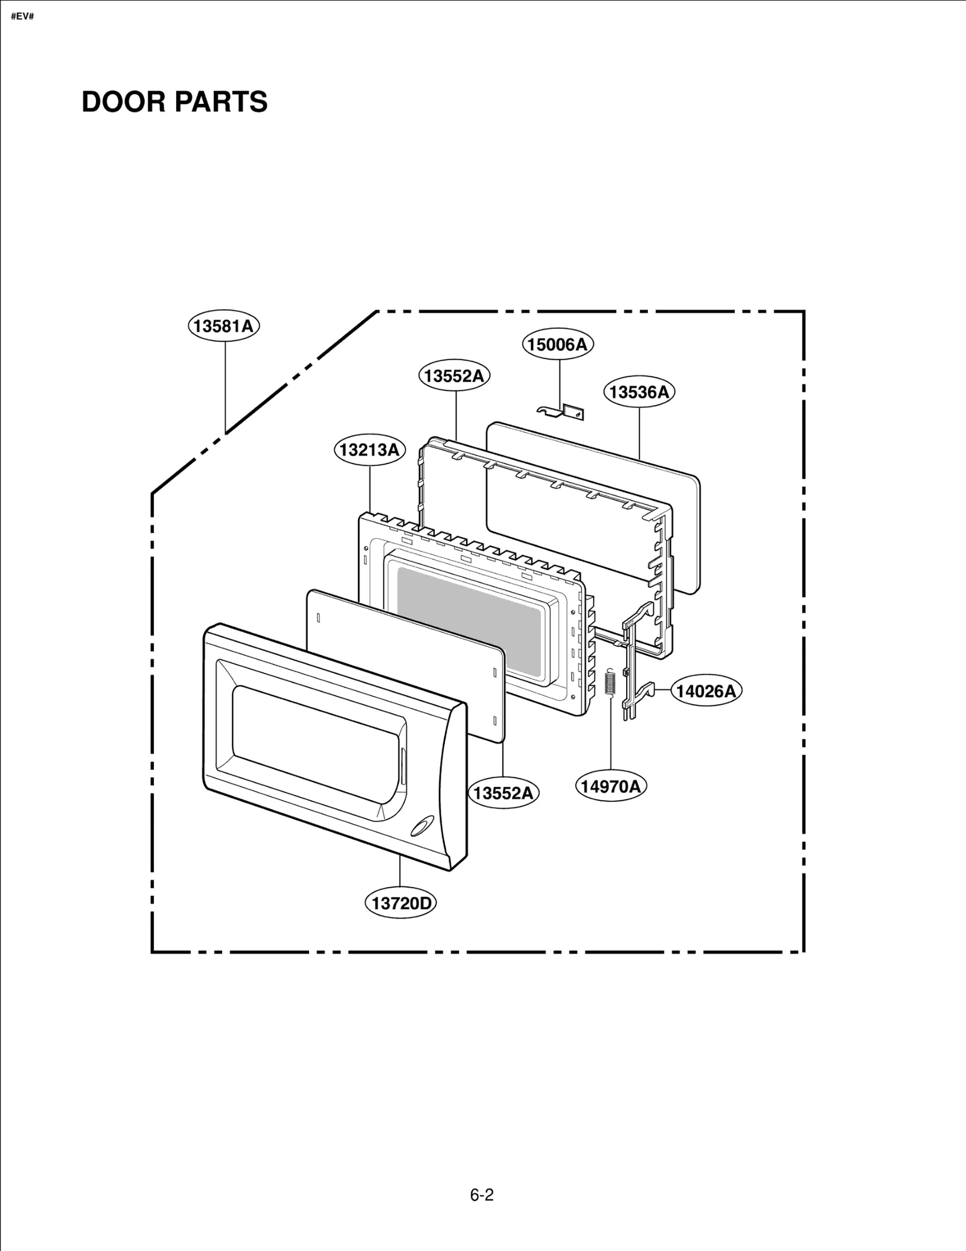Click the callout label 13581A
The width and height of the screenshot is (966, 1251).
pyautogui.click(x=223, y=326)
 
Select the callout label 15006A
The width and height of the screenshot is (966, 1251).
pyautogui.click(x=557, y=344)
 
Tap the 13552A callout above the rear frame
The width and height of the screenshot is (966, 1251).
pyautogui.click(x=454, y=375)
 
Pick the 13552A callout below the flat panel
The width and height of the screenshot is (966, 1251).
pyautogui.click(x=504, y=792)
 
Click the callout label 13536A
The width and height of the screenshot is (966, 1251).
pyautogui.click(x=639, y=392)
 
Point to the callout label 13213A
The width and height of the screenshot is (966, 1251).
pyautogui.click(x=369, y=450)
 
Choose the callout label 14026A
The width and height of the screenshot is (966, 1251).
pyautogui.click(x=706, y=691)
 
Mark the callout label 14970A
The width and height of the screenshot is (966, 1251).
pyautogui.click(x=610, y=786)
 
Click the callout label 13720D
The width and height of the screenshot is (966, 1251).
pyautogui.click(x=401, y=903)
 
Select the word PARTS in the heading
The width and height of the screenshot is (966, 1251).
pyautogui.click(x=230, y=101)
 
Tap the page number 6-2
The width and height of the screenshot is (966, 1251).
pyautogui.click(x=482, y=1195)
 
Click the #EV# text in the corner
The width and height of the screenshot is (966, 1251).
pyautogui.click(x=22, y=16)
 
